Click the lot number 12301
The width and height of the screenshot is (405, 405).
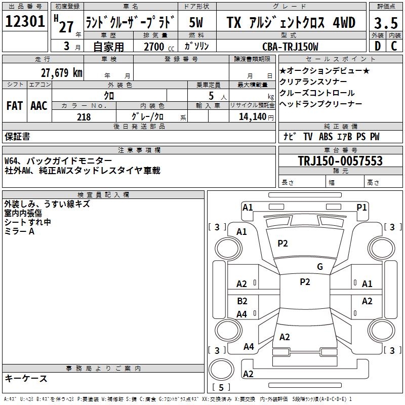pyautogui.click(x=25, y=22)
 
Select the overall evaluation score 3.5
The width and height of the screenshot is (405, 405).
pyautogui.click(x=386, y=23)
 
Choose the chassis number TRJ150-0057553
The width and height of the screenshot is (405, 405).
pyautogui.click(x=340, y=161)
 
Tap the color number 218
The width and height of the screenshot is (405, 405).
pyautogui.click(x=84, y=117)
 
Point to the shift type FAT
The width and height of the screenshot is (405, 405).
pyautogui.click(x=14, y=106)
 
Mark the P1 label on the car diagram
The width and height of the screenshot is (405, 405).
pyautogui.click(x=361, y=207)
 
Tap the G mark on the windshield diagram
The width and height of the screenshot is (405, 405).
pyautogui.click(x=319, y=267)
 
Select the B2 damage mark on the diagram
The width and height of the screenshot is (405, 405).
pyautogui.click(x=242, y=301)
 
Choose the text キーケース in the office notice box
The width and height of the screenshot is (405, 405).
pyautogui.click(x=26, y=378)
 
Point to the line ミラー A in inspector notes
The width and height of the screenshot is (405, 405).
pyautogui.click(x=19, y=231)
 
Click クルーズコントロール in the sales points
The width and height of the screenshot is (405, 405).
pyautogui.click(x=317, y=93)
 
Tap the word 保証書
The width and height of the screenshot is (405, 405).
pyautogui.click(x=17, y=137)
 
